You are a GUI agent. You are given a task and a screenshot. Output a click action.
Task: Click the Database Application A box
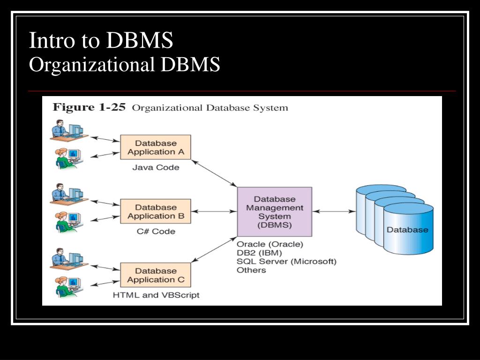coord(156,147)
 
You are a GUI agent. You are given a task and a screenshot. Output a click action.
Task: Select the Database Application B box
coord(156,211)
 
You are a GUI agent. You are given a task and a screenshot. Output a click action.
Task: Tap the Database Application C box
coord(156,275)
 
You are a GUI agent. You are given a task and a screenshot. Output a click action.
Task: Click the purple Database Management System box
coord(275,211)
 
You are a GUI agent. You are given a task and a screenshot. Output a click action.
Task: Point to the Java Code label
coord(156,167)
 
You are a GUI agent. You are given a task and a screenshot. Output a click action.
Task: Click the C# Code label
coord(156,231)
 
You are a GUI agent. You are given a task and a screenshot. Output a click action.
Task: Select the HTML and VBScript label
coord(156,295)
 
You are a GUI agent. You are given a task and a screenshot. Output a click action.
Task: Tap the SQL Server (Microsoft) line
coord(286,262)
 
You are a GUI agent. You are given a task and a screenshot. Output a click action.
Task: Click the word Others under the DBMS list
coord(251,270)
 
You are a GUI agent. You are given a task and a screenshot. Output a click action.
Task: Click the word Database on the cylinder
coord(407,230)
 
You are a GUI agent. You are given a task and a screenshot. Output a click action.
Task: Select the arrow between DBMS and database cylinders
coord(334,211)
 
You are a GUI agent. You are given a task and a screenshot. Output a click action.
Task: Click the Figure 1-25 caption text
coord(170,107)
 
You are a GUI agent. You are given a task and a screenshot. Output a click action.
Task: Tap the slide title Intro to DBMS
coord(101,41)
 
